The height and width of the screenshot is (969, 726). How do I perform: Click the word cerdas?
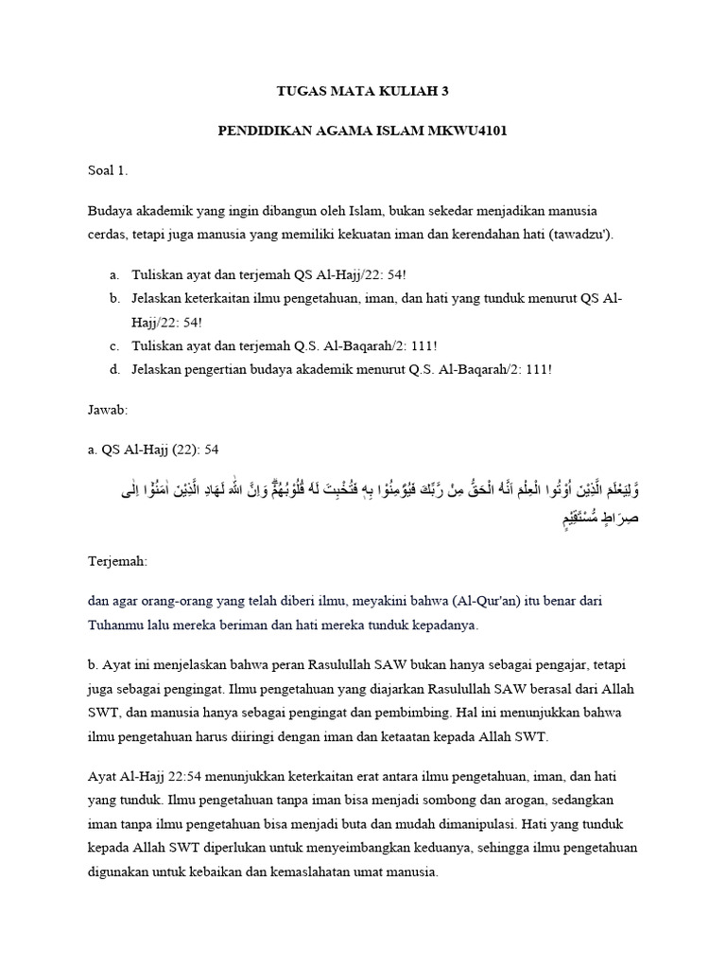pos(108,234)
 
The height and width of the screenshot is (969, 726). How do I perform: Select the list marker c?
pos(113,345)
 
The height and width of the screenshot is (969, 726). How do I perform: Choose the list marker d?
pos(113,369)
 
